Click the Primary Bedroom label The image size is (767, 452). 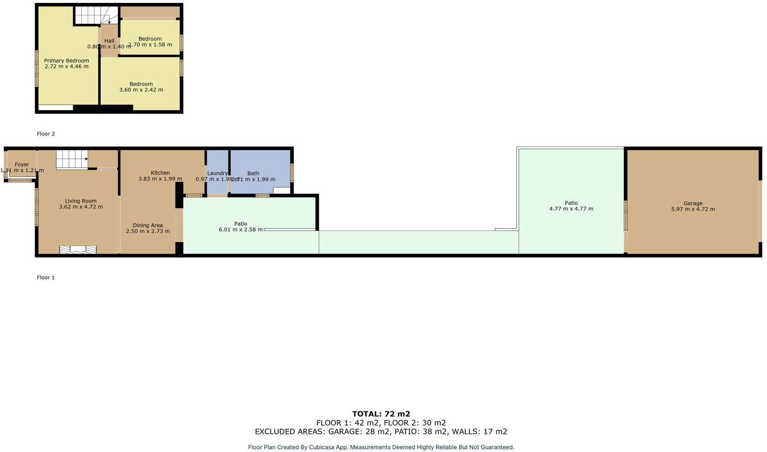coord(66,60)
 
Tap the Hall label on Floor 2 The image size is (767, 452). coord(109,41)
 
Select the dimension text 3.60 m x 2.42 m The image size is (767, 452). coord(141,90)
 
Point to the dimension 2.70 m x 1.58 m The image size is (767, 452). coord(150,45)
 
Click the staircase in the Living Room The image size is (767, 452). coord(71,160)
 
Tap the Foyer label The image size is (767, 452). coord(22,165)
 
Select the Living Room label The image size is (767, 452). coord(81,201)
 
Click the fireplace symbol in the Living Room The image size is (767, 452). coord(77,250)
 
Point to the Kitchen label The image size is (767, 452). coord(160,173)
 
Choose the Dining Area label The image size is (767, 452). coord(148,226)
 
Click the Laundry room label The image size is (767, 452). coord(217,173)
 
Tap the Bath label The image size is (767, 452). coord(253,173)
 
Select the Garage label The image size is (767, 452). coord(693,203)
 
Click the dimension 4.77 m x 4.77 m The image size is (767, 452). coord(571,209)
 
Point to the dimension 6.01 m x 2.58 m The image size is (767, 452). coord(240,230)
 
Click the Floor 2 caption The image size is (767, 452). coord(46,134)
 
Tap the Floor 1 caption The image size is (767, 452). coord(46,278)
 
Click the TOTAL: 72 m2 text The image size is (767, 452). coord(381,414)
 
